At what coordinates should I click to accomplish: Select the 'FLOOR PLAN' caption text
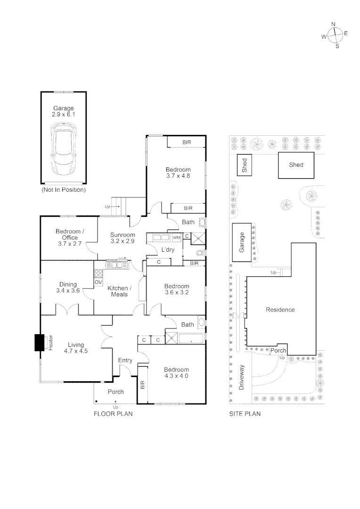coord(113,414)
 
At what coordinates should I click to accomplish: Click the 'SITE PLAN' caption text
coord(245,414)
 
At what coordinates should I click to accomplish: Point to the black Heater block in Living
coord(39,343)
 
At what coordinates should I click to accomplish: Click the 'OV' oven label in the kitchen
coord(98,282)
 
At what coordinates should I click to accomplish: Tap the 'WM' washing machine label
coord(176,237)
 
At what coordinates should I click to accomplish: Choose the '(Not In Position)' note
coord(63,190)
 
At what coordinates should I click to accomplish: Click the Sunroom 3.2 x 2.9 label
coord(123,238)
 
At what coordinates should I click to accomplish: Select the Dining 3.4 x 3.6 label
coord(68,287)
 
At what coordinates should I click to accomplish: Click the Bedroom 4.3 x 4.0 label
coord(177,373)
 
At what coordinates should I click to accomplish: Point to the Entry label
coord(125,361)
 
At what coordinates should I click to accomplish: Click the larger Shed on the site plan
coord(296,165)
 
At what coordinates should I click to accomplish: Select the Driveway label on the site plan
coord(242,377)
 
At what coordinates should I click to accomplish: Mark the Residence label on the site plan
coord(280,310)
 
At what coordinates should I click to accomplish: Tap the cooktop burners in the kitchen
coord(98,272)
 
